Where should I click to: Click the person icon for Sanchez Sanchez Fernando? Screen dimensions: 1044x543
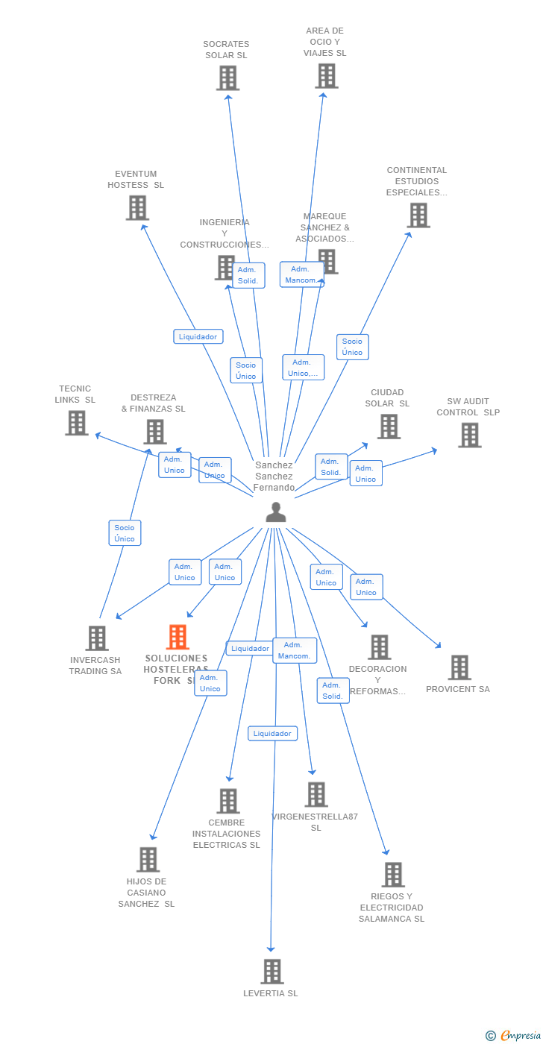coord(276,512)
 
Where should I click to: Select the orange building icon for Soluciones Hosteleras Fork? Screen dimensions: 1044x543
coord(178,637)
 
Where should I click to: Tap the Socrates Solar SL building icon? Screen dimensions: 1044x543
coord(227,78)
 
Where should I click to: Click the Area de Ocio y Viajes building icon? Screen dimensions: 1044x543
coord(326,75)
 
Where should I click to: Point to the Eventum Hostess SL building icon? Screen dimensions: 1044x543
coord(137,207)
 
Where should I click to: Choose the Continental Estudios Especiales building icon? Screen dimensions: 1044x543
coord(418,215)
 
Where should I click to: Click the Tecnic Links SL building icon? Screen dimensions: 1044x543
coord(76,423)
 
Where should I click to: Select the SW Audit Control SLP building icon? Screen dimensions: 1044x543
coord(469,435)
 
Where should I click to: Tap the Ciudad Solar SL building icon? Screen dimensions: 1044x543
coord(389,426)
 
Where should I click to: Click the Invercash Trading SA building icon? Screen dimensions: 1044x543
coord(97,638)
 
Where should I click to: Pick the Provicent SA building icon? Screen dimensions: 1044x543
coord(459,667)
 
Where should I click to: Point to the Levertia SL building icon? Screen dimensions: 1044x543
coord(271,971)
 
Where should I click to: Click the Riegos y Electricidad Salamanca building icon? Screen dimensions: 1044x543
coord(392,875)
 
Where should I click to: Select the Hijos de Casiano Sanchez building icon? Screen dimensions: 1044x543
coord(148,859)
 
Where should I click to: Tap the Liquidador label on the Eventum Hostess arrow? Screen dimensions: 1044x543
coord(198,336)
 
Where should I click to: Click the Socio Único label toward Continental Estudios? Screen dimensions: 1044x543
coord(352,347)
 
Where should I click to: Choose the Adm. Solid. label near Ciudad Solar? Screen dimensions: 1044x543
coord(330,467)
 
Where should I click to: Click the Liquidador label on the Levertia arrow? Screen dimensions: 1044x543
coord(272,734)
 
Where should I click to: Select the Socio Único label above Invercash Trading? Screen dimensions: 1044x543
coord(125,533)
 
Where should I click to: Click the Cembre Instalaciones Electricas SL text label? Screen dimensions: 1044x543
coord(227,834)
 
